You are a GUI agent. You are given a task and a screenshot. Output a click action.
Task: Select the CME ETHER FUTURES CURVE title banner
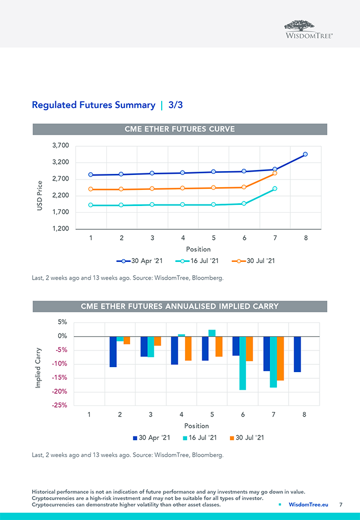pyautogui.click(x=179, y=129)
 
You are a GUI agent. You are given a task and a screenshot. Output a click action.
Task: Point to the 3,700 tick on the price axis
pyautogui.click(x=60, y=146)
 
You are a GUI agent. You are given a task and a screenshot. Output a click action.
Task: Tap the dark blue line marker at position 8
pyautogui.click(x=305, y=155)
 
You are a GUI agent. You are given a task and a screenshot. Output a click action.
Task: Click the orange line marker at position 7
pyautogui.click(x=275, y=173)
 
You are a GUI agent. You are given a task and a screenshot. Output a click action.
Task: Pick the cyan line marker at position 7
pyautogui.click(x=275, y=189)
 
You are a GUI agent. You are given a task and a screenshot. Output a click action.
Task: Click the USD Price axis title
pyautogui.click(x=40, y=199)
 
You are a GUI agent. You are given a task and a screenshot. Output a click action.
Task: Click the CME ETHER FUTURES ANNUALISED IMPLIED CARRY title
pyautogui.click(x=179, y=306)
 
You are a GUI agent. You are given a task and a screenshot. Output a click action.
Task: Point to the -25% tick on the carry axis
pyautogui.click(x=60, y=405)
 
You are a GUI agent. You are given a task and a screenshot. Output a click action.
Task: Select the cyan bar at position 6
pyautogui.click(x=243, y=363)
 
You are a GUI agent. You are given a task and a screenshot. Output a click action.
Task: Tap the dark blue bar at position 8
pyautogui.click(x=297, y=354)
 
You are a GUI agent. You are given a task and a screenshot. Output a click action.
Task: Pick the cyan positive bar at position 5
pyautogui.click(x=212, y=333)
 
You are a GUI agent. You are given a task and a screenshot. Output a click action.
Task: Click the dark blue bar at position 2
pyautogui.click(x=113, y=351)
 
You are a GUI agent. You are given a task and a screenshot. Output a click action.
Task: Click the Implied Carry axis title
pyautogui.click(x=39, y=368)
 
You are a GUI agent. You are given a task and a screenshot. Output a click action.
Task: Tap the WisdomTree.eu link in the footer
pyautogui.click(x=308, y=504)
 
